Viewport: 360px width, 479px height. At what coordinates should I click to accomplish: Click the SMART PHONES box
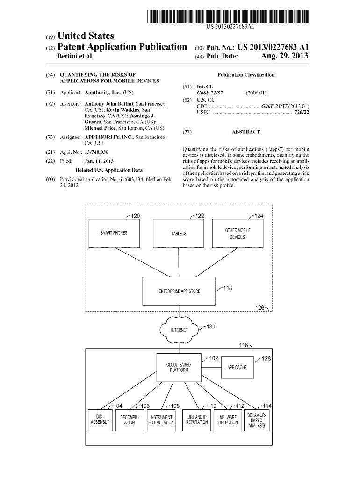point(114,233)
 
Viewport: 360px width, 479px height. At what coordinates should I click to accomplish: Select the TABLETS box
point(179,233)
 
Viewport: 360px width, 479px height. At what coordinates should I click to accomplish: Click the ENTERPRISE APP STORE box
point(179,291)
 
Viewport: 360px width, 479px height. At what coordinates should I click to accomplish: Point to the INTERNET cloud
point(179,330)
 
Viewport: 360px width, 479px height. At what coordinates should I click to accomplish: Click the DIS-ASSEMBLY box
point(99,419)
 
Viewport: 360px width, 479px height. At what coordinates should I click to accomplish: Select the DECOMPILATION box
point(130,419)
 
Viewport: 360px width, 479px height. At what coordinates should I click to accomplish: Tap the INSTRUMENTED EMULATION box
point(161,419)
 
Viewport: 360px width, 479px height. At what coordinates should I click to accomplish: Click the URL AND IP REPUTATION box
point(197,419)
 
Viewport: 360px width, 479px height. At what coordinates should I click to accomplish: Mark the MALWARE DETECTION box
point(228,419)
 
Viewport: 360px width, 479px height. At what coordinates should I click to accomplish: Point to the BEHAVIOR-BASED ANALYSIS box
point(257,419)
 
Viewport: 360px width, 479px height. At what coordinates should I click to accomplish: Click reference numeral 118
point(228,288)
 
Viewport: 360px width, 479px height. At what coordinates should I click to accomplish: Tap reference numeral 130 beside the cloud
point(210,327)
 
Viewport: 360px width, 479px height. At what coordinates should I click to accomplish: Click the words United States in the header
point(85,36)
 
